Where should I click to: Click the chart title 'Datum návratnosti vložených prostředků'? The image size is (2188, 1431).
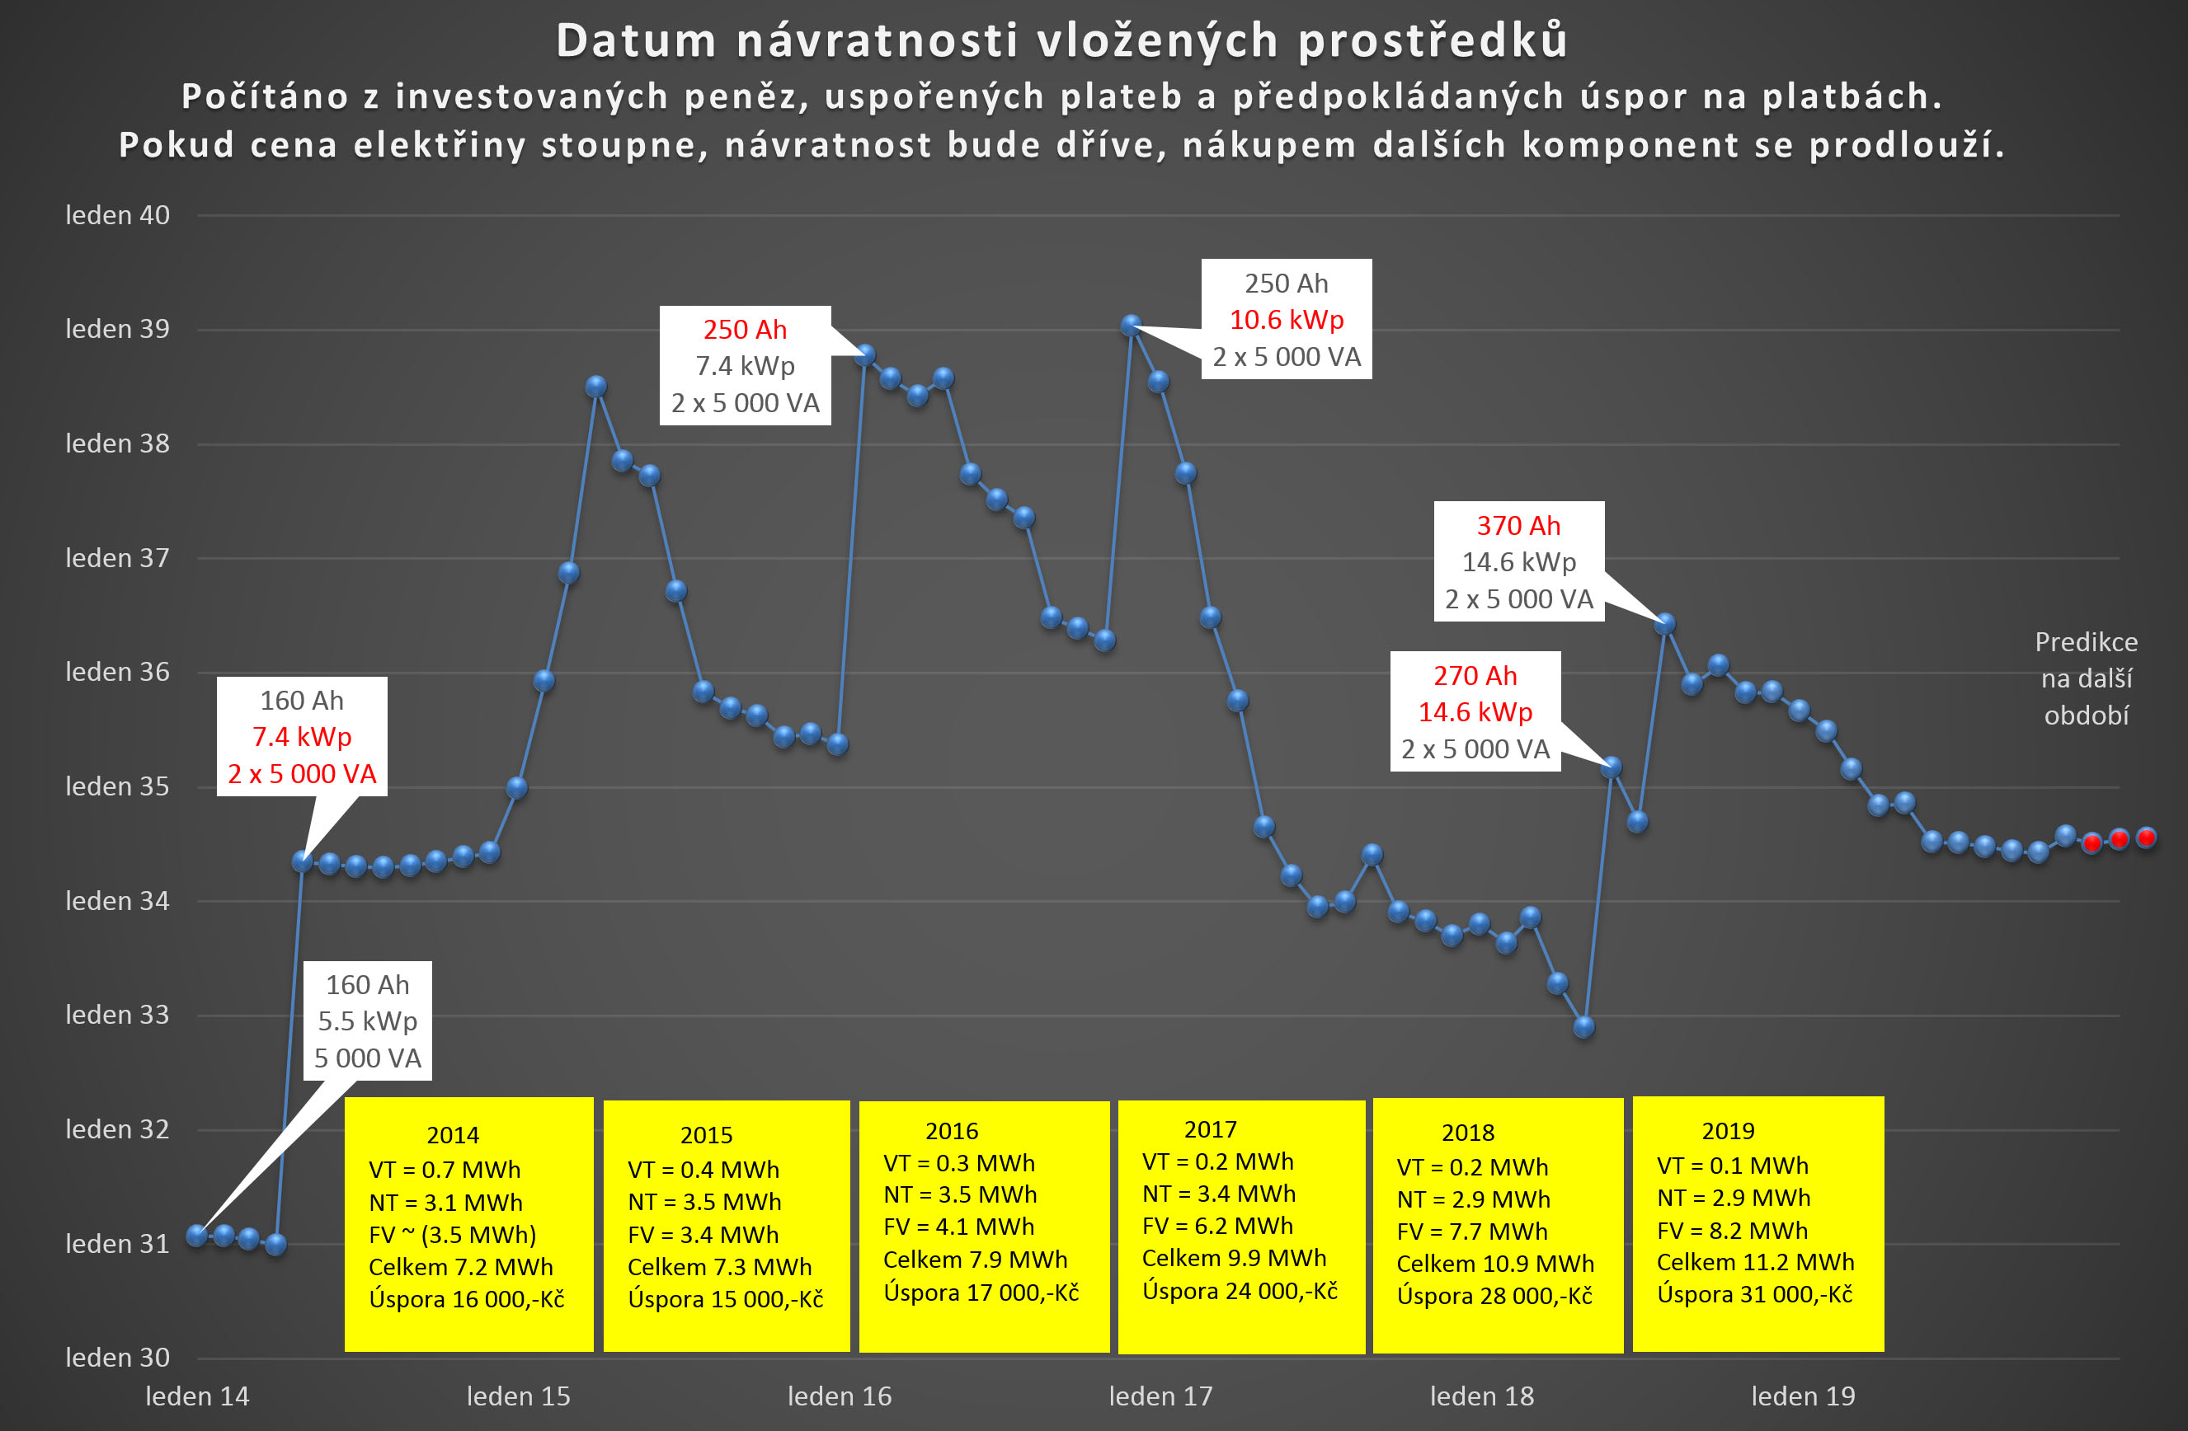(1061, 41)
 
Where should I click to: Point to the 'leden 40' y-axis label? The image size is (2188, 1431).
(117, 215)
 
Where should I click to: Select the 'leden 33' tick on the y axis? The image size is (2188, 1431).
(117, 1015)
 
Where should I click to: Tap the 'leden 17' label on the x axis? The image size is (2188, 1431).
(1160, 1396)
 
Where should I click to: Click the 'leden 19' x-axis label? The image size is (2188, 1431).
(1802, 1396)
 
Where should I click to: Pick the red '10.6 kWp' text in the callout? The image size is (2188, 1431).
(1286, 320)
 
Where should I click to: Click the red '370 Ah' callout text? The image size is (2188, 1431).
(1518, 526)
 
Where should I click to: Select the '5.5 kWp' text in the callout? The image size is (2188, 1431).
(368, 1021)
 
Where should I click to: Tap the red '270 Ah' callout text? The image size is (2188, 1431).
(1475, 675)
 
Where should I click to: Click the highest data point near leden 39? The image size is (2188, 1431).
(1132, 325)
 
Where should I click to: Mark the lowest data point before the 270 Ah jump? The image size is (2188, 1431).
(1583, 1026)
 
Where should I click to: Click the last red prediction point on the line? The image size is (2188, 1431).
(2146, 837)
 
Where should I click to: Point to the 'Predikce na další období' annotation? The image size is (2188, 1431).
(2086, 678)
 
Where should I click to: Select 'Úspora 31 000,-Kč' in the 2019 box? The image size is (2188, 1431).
(1754, 1294)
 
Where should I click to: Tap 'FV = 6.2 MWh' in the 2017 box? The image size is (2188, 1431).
(1217, 1226)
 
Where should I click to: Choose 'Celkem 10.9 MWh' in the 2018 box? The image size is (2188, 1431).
(1495, 1264)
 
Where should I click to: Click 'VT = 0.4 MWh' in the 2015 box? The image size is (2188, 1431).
(703, 1170)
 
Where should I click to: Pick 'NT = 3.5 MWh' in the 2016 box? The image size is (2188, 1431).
(960, 1194)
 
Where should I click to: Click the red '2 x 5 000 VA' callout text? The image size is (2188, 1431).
(302, 774)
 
